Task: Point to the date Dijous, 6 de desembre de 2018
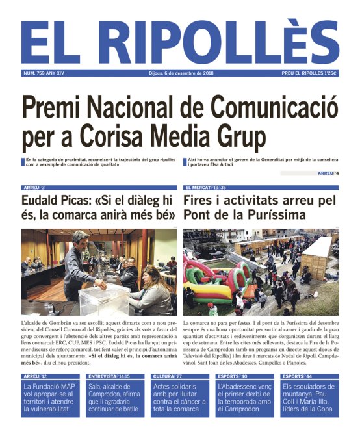[180, 73]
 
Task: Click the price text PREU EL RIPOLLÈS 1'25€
[309, 73]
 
